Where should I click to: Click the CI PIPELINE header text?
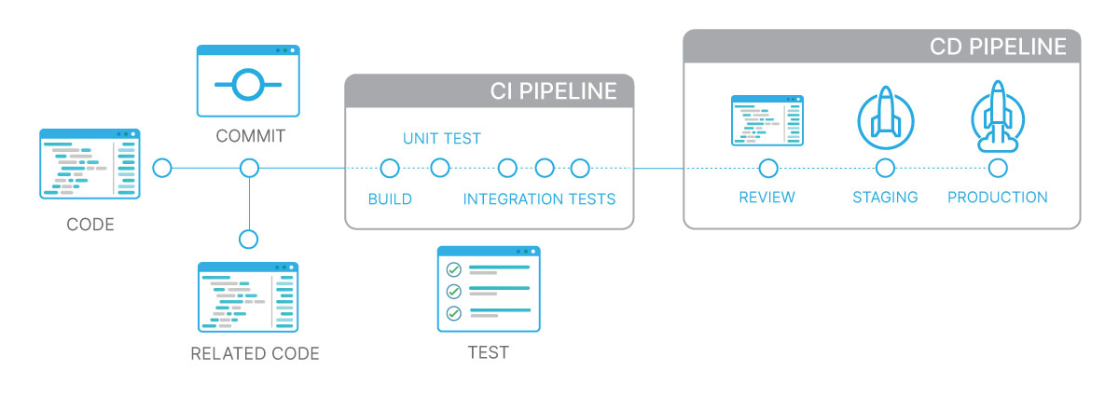[553, 91]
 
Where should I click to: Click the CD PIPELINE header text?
[997, 47]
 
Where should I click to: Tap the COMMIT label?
[250, 136]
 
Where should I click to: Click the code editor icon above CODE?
[90, 164]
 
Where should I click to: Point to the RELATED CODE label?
[255, 353]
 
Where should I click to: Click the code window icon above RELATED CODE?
[248, 297]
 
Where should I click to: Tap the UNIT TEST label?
[442, 139]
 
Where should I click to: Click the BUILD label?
[390, 199]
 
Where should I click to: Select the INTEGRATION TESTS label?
[539, 199]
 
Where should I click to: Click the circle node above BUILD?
[390, 169]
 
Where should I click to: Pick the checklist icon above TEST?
[489, 289]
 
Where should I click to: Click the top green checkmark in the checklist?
[454, 269]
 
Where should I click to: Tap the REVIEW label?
[767, 198]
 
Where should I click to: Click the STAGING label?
[885, 198]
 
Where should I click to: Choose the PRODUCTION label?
[997, 198]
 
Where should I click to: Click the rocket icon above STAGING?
[885, 117]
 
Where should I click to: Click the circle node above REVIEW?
[768, 169]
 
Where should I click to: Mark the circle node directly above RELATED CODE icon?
[248, 239]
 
